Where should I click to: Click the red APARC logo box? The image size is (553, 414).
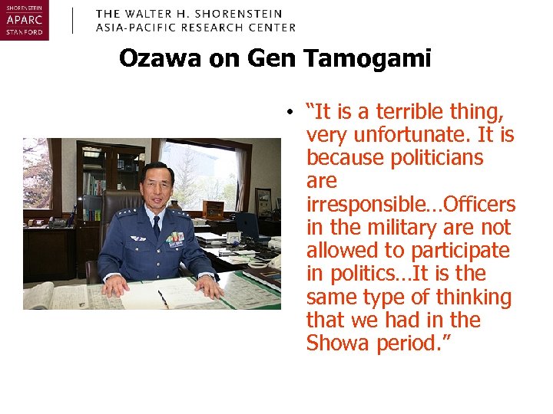point(24,20)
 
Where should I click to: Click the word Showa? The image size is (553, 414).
point(338,343)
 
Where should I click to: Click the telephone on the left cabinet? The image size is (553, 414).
point(58,222)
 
